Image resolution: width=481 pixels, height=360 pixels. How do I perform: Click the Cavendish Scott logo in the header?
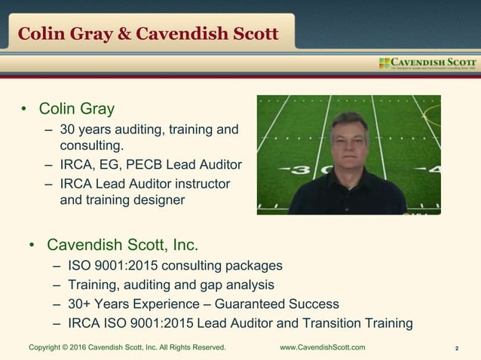[427, 63]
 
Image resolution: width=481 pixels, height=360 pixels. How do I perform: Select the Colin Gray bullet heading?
[76, 109]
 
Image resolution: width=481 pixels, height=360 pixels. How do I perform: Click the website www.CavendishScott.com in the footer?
[322, 347]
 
